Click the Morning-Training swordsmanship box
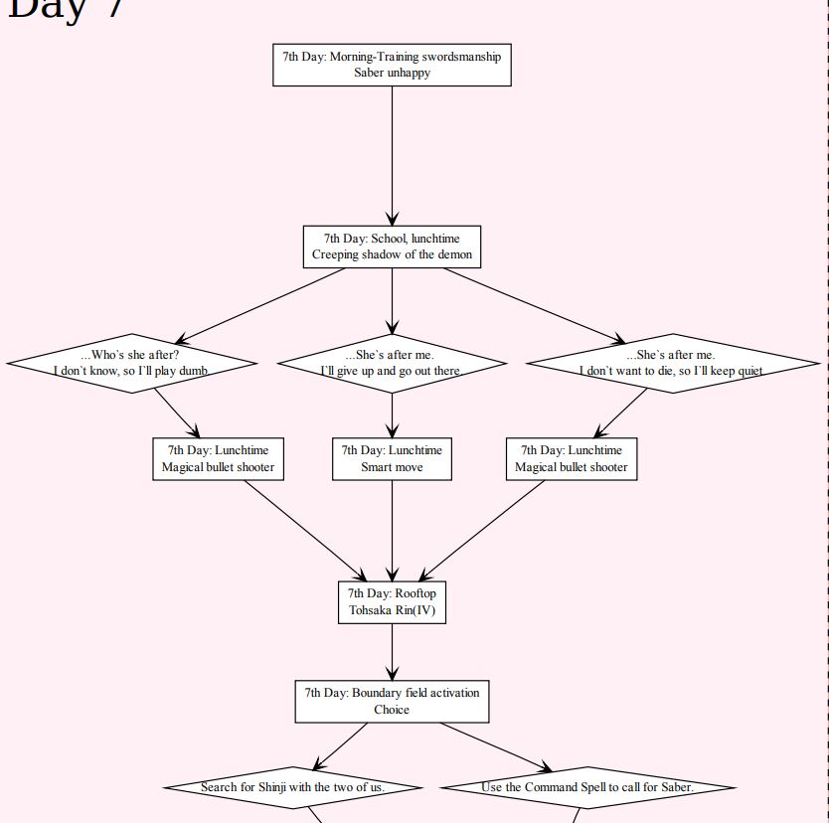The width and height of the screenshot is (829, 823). pyautogui.click(x=392, y=65)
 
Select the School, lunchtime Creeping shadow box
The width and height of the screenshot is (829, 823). pyautogui.click(x=392, y=247)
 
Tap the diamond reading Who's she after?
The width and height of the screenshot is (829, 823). pyautogui.click(x=131, y=363)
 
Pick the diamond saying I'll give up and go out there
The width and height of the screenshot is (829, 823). pyautogui.click(x=391, y=363)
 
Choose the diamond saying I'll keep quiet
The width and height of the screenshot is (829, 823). pyautogui.click(x=672, y=363)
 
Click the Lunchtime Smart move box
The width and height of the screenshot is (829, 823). pyautogui.click(x=392, y=458)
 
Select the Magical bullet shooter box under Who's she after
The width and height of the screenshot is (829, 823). pyautogui.click(x=218, y=458)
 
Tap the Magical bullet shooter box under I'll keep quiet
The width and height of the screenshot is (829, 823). pyautogui.click(x=571, y=458)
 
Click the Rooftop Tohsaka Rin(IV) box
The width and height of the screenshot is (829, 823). pyautogui.click(x=392, y=601)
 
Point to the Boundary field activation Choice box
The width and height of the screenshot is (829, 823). pyautogui.click(x=392, y=701)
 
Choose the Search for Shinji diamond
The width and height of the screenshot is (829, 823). pyautogui.click(x=292, y=787)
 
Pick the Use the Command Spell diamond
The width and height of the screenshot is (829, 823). pyautogui.click(x=587, y=787)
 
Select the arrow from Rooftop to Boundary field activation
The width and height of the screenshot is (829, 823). pyautogui.click(x=392, y=652)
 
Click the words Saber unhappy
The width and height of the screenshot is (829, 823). pyautogui.click(x=392, y=73)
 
